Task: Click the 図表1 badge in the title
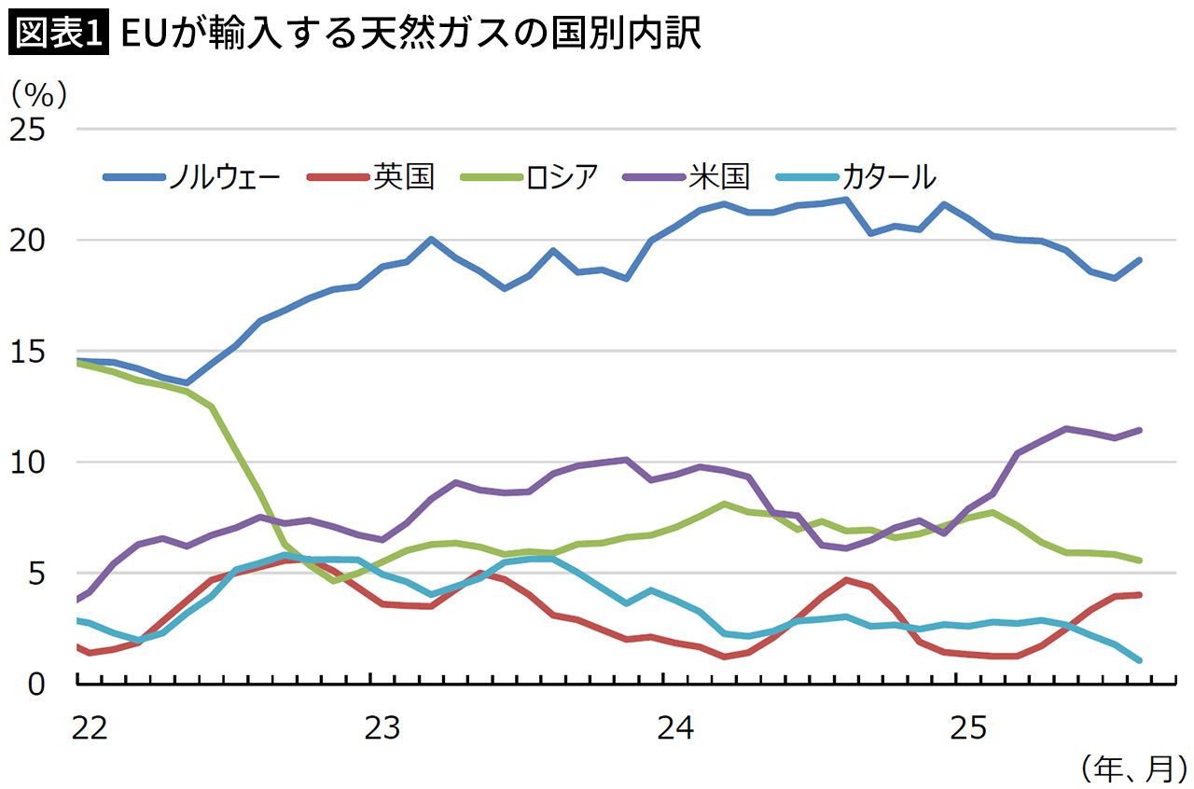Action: coord(58,35)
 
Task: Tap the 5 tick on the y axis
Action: coord(36,573)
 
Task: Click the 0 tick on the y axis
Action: coord(36,684)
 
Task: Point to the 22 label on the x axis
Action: coord(90,726)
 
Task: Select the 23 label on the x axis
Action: coord(382,726)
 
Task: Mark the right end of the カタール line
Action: coord(1138,659)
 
